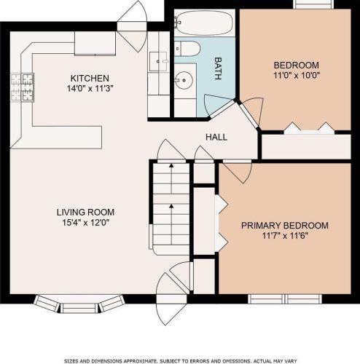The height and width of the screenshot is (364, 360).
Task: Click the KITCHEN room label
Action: tap(90, 78)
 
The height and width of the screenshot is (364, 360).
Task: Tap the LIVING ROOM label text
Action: tap(85, 212)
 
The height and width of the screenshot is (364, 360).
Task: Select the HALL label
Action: tap(216, 137)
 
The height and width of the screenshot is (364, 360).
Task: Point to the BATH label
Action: tap(218, 68)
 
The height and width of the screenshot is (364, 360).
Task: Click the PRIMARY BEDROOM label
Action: tap(285, 226)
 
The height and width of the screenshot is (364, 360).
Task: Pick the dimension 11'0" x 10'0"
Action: tap(297, 75)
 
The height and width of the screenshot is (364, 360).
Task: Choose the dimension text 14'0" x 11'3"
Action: tap(90, 88)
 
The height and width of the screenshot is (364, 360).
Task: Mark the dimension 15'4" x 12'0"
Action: tap(86, 222)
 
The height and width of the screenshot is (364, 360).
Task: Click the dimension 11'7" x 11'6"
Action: tap(285, 236)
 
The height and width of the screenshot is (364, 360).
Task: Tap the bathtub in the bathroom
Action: tap(205, 23)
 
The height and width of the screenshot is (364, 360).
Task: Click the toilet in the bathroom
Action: tap(187, 49)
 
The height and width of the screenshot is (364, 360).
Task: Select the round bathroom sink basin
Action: tap(184, 80)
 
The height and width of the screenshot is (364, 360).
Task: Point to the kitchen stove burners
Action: tap(23, 87)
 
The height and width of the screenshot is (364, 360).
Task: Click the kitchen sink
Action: tap(158, 61)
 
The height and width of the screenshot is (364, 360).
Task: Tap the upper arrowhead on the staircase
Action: tap(171, 166)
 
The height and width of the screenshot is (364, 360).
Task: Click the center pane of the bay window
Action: tap(79, 308)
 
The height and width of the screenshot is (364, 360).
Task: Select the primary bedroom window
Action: tap(285, 299)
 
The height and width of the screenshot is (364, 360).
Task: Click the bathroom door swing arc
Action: tap(206, 105)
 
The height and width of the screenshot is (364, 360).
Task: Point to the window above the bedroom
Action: tap(313, 4)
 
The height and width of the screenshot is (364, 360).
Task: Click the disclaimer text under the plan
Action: tap(180, 361)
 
